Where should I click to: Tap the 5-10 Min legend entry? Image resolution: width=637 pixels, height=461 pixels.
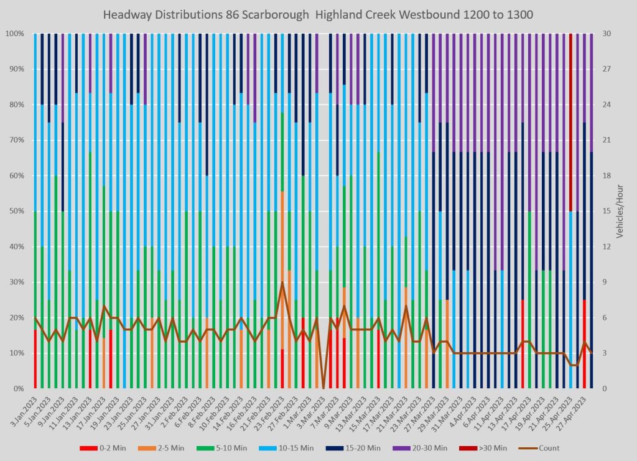(x=244, y=448)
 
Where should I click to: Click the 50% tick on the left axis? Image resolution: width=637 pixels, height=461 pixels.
(x=16, y=211)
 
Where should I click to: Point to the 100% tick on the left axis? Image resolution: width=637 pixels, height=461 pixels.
(x=14, y=34)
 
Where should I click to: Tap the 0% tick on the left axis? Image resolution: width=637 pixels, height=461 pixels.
(x=17, y=389)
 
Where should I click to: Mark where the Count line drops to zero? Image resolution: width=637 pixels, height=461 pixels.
(x=323, y=388)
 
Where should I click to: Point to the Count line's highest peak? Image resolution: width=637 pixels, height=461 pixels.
(x=282, y=282)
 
